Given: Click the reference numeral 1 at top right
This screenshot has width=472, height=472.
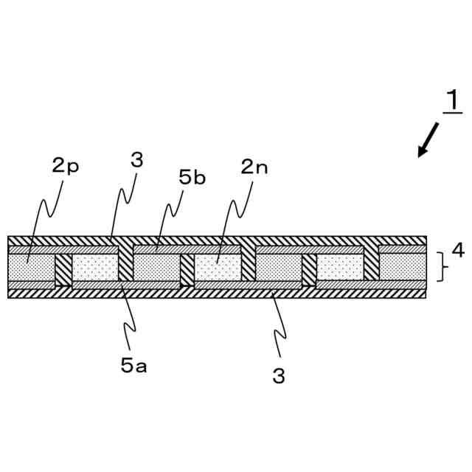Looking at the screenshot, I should (451, 100).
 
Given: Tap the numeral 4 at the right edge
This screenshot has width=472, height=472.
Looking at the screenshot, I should (458, 251).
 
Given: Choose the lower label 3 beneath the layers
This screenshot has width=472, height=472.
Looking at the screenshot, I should (278, 376).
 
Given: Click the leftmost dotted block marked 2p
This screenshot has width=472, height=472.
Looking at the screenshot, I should (30, 266).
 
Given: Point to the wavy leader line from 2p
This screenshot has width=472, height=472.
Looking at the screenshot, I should (46, 214).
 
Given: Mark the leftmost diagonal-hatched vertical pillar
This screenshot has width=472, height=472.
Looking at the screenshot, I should (64, 269).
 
